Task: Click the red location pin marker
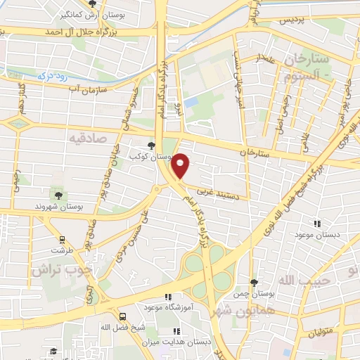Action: [x=181, y=166]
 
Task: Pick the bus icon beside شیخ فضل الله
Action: [x=122, y=316]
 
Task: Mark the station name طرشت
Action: [x=60, y=250]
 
